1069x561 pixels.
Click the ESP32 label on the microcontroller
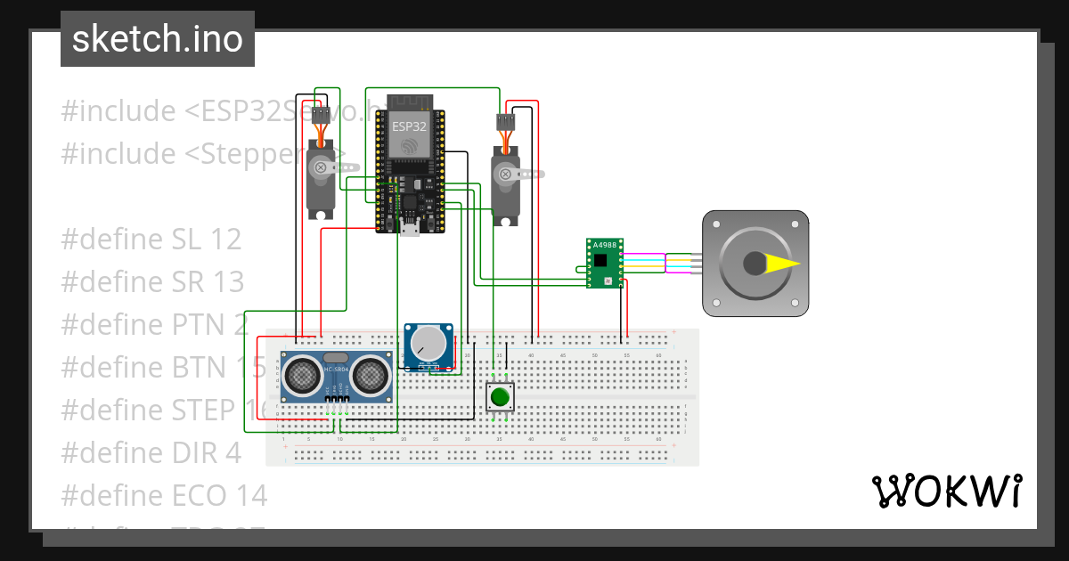coord(409,126)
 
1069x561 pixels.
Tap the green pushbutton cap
coord(500,396)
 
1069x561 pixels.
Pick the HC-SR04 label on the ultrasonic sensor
coord(337,370)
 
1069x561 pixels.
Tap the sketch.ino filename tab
coord(158,39)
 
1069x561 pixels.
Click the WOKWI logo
coord(945,491)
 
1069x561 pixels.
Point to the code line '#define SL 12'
coord(151,239)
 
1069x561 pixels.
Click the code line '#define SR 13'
coord(152,281)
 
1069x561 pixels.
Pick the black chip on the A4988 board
coord(601,260)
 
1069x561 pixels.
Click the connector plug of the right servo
coord(506,122)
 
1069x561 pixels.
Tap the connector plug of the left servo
coord(320,113)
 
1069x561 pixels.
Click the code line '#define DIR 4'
coord(151,452)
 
